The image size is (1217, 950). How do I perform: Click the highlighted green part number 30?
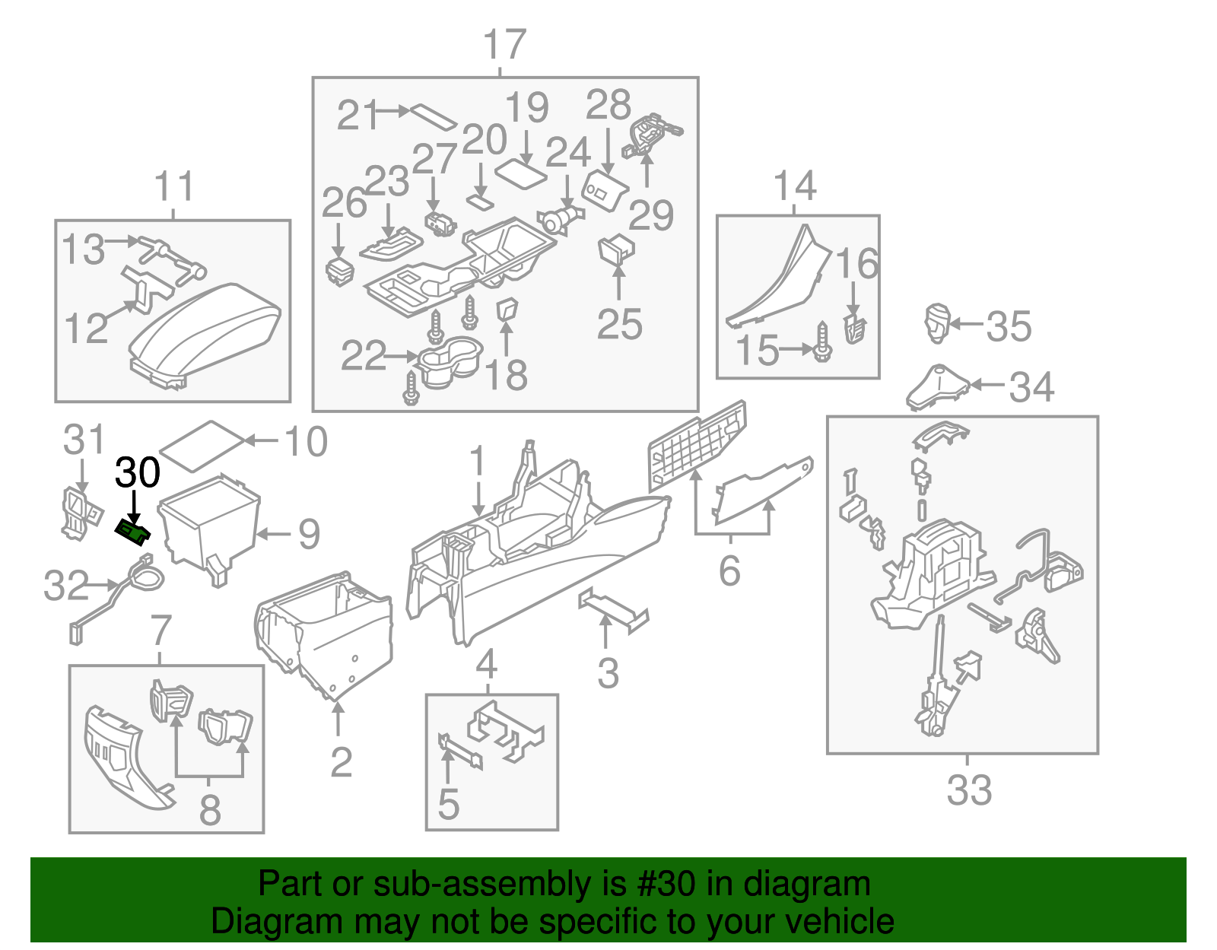coord(132,532)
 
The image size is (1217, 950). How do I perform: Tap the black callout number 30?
coord(138,472)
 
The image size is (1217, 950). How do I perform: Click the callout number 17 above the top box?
coord(504,45)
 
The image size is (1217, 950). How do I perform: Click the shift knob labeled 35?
coord(937,322)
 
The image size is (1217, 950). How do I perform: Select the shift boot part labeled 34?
coord(937,387)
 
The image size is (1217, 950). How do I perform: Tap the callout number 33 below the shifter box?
coord(969,790)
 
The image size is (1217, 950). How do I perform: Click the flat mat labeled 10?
coord(201,446)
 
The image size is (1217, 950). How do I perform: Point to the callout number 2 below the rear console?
coord(341,762)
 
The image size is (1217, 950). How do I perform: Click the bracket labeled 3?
coord(612,609)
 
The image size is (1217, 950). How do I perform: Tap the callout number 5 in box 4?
coord(448,804)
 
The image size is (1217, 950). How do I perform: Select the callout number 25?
coord(619,325)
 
